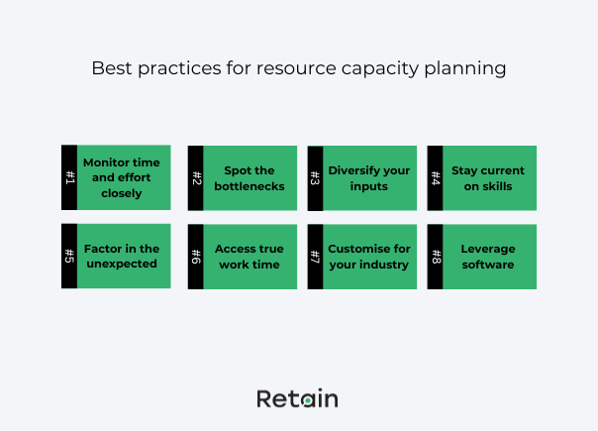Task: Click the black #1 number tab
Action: (68, 177)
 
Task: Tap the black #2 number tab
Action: (195, 178)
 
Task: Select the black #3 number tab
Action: (315, 178)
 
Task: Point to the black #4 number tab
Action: (435, 178)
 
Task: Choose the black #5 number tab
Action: (68, 256)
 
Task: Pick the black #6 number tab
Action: (195, 257)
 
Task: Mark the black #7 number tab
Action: (315, 257)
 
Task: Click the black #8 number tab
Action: (435, 257)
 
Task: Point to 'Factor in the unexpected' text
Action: (121, 257)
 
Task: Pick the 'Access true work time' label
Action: (248, 257)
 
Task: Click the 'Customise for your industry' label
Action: (368, 257)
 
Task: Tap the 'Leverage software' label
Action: (488, 257)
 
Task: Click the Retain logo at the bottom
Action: (297, 398)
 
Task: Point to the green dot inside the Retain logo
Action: (308, 400)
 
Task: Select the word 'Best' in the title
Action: (110, 68)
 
